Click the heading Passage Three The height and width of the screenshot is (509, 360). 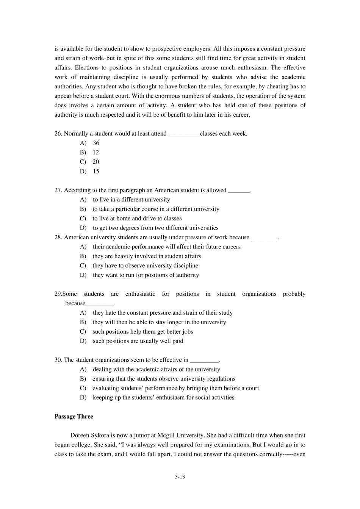(x=74, y=417)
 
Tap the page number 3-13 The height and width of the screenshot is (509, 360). (x=180, y=477)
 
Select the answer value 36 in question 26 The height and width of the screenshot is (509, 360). (x=96, y=143)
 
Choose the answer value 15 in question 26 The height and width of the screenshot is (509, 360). (x=96, y=172)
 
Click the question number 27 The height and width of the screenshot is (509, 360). (x=58, y=190)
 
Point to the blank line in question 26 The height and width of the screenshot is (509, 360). (x=183, y=134)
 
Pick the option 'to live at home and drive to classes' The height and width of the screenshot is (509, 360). (x=137, y=219)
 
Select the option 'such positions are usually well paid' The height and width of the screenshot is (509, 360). (x=138, y=341)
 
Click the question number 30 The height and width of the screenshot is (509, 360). (x=58, y=360)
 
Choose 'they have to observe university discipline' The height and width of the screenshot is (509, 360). (x=145, y=266)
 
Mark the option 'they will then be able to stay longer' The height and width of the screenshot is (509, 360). (x=159, y=322)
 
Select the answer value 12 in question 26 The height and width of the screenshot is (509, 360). (x=95, y=153)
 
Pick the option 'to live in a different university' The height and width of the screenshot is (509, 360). (x=131, y=200)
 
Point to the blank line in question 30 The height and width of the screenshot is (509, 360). (x=204, y=361)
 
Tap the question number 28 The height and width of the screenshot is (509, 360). (x=58, y=237)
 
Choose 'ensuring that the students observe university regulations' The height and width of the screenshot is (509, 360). (x=164, y=379)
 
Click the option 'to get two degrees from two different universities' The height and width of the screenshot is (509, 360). (x=155, y=228)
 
